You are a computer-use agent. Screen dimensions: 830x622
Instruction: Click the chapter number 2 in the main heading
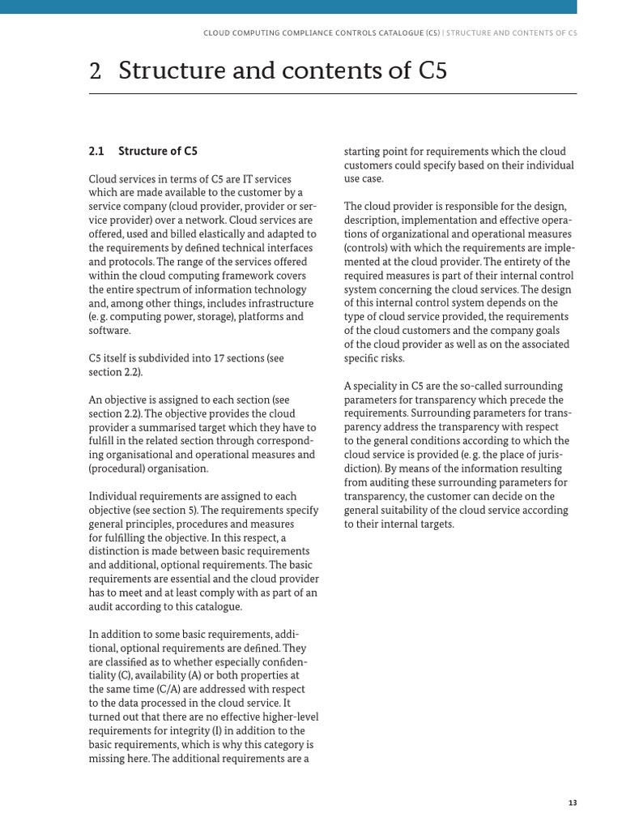click(x=95, y=71)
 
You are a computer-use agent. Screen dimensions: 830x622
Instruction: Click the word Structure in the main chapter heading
click(x=168, y=71)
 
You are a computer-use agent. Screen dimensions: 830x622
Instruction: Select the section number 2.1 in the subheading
click(x=96, y=151)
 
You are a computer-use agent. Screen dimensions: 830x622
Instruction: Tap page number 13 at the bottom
click(x=573, y=802)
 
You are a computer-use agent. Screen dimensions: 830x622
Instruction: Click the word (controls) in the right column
click(x=369, y=248)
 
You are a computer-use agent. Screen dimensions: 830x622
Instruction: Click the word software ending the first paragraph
click(x=109, y=331)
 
